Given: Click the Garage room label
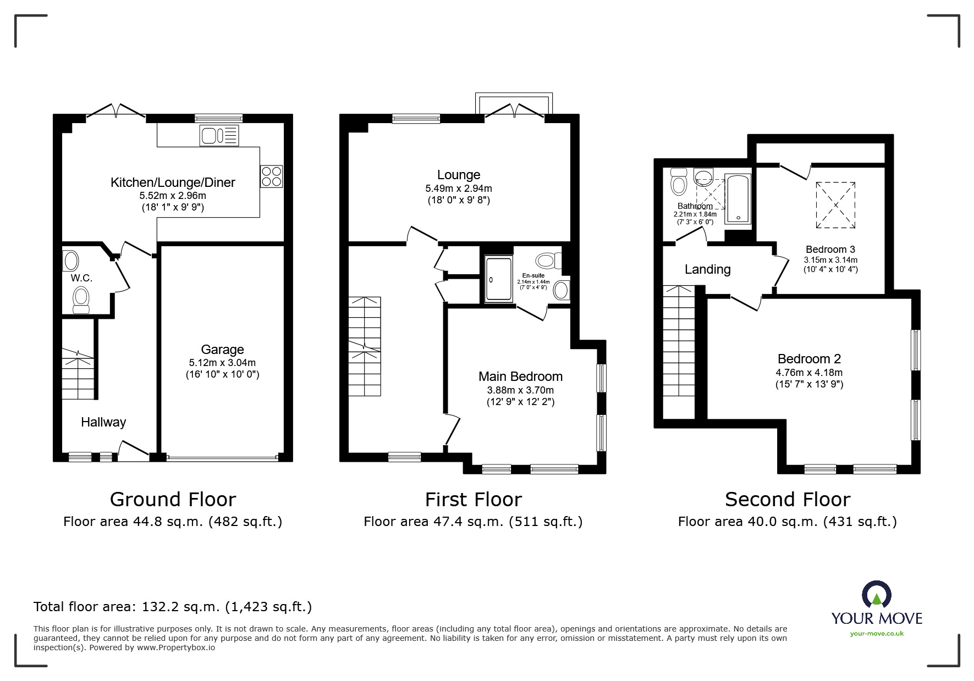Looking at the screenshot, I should [x=222, y=350].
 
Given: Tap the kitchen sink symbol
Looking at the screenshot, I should [x=219, y=135].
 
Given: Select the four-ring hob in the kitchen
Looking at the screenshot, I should [x=272, y=176].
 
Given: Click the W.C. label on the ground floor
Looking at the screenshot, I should [x=81, y=278].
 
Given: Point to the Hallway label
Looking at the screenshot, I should [x=103, y=422].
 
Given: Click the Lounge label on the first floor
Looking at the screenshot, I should [x=459, y=175].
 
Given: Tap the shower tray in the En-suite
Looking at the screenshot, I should [x=498, y=279].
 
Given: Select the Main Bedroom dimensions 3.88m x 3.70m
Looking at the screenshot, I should [x=520, y=390].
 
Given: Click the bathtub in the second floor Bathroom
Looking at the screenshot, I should [x=738, y=199].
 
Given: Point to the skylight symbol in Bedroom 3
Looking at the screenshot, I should [x=835, y=205].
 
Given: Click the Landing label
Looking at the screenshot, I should [x=707, y=269].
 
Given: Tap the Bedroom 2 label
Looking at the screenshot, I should [x=809, y=359].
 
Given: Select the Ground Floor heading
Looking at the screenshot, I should [x=173, y=499].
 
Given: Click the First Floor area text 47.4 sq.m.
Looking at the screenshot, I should [x=473, y=522].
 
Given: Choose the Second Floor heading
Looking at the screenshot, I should [x=787, y=499].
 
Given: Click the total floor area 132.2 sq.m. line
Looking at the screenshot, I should [x=173, y=607].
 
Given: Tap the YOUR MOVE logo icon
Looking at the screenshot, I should [x=876, y=595].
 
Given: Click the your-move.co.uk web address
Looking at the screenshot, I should [x=877, y=634].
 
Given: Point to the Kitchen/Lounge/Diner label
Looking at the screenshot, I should [x=173, y=182].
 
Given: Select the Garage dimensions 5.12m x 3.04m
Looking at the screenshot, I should [x=222, y=363].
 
